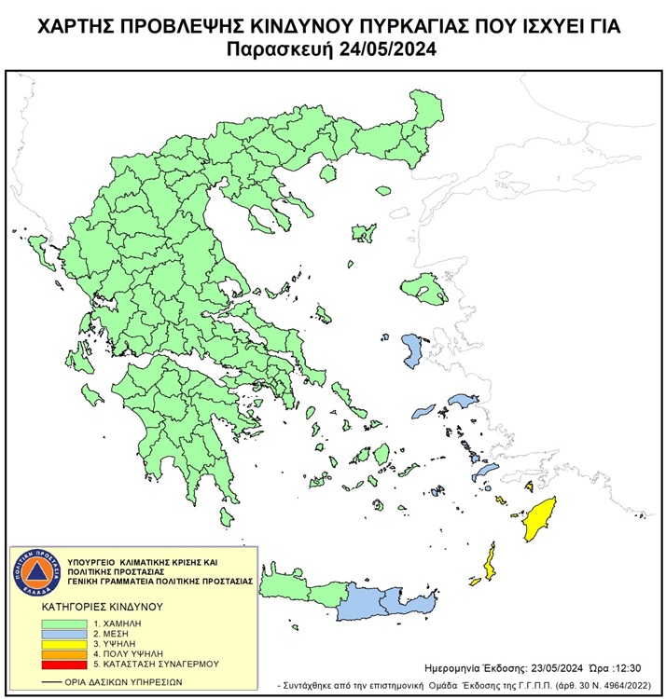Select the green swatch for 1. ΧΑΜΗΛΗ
64,622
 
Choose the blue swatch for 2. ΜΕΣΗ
64,632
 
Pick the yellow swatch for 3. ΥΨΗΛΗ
64,643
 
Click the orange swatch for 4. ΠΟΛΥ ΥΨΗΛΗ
64,653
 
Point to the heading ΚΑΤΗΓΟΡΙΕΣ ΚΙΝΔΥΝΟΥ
103,606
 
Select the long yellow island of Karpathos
489,563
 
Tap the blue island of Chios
410,350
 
